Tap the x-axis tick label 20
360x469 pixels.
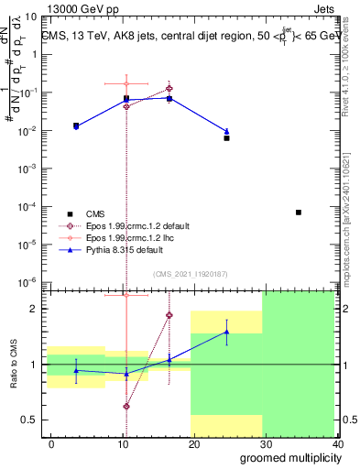click(193, 443)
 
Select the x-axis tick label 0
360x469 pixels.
click(51, 443)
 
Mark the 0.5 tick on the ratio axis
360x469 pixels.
click(32, 420)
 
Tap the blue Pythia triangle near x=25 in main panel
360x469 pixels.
click(226, 131)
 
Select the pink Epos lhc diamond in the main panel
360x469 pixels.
click(126, 84)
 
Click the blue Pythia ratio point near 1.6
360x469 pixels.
click(226, 332)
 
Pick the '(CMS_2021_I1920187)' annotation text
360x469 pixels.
click(190, 273)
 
